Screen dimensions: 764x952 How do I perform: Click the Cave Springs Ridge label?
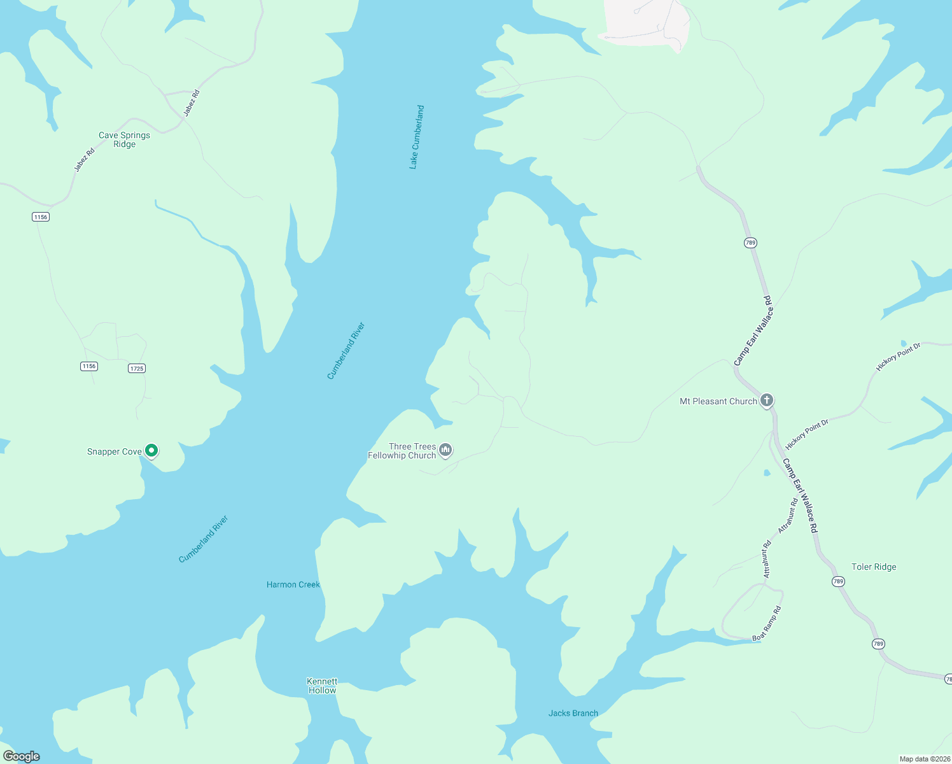pos(124,139)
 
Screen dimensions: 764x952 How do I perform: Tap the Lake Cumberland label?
pos(416,137)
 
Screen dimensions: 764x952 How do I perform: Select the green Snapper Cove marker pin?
pos(151,451)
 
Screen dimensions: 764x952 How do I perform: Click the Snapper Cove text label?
pos(115,451)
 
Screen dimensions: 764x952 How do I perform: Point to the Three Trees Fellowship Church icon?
pos(446,451)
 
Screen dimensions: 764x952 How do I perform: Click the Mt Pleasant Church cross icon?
pos(767,400)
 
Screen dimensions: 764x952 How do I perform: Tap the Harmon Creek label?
pos(293,584)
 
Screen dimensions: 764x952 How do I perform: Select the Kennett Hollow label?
pos(322,686)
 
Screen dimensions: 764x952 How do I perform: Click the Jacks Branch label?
pos(573,713)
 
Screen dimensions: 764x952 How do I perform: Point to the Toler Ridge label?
pos(874,567)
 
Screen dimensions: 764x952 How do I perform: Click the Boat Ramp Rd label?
pos(767,624)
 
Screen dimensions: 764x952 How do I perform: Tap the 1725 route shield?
pos(137,368)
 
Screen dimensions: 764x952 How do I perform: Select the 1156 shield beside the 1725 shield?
pos(89,366)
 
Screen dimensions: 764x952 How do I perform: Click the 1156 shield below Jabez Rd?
pos(41,217)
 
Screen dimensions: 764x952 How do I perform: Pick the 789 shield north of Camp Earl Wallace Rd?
pos(750,243)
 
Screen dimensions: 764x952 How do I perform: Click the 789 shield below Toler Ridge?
pos(838,581)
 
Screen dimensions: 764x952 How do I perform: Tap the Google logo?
pos(22,756)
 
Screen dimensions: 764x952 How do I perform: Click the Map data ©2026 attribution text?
pos(925,759)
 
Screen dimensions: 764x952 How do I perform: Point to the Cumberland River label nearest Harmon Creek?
pos(203,539)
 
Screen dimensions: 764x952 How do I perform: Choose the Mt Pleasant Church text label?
pos(718,401)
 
